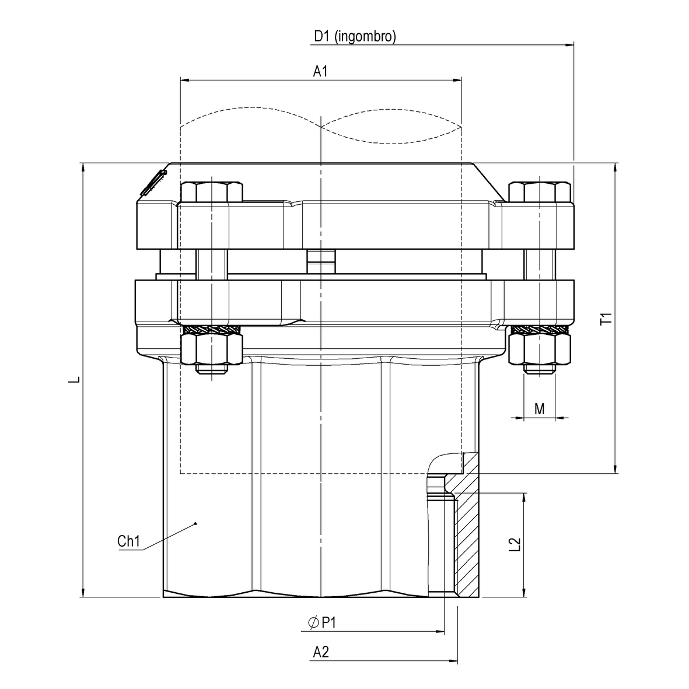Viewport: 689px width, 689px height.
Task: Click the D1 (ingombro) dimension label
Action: coord(355,37)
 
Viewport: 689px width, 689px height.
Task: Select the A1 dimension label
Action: coord(320,71)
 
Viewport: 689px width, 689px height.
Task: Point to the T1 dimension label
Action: coord(606,319)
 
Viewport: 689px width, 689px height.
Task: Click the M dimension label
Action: coord(540,409)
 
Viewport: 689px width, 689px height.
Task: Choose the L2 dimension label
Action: coord(515,544)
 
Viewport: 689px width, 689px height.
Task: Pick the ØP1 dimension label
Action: coord(321,623)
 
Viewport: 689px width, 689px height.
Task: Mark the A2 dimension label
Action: coord(321,652)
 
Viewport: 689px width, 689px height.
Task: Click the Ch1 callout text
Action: coord(129,541)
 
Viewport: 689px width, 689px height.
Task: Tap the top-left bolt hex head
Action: coord(211,192)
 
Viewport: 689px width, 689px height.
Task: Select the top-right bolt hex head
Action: coord(539,192)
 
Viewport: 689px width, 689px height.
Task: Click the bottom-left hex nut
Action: coord(211,350)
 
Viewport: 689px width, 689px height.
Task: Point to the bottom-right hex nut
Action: coord(539,350)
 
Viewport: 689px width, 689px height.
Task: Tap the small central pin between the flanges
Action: coord(321,261)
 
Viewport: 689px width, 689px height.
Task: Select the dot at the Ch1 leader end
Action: coord(195,524)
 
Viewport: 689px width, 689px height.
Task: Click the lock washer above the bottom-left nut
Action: coord(211,330)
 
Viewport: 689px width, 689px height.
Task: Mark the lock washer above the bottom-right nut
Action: coord(539,330)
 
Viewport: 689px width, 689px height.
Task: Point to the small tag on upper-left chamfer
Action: coord(153,182)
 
